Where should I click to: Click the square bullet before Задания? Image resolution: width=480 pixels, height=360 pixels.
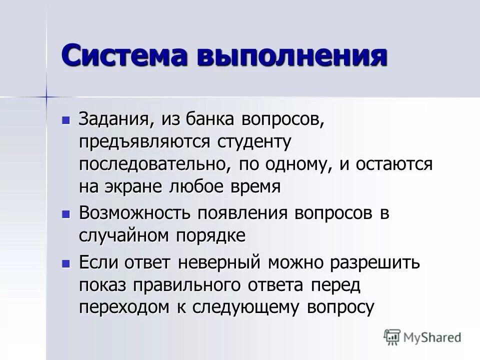tap(65, 120)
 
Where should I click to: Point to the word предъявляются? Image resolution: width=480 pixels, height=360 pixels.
tap(144, 142)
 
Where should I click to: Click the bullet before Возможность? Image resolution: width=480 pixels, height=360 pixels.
tap(65, 214)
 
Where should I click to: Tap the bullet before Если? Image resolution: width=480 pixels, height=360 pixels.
tap(65, 263)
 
